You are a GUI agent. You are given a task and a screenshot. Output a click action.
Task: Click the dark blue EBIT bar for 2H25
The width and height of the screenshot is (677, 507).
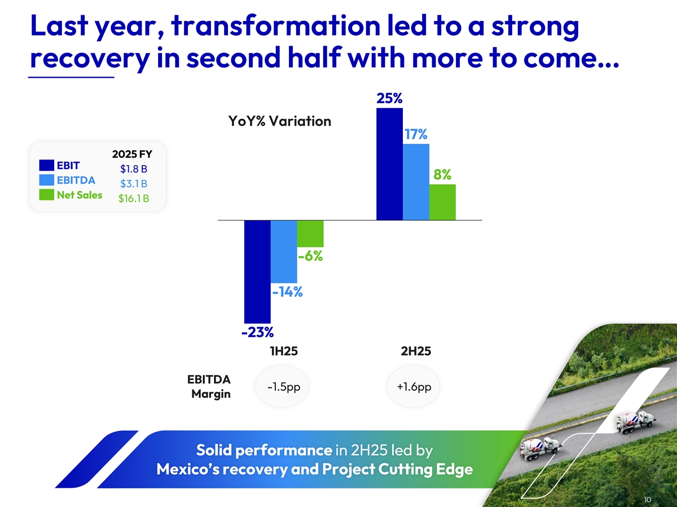pyautogui.click(x=389, y=163)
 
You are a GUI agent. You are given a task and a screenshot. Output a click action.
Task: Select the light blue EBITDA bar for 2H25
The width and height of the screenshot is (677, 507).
pyautogui.click(x=416, y=181)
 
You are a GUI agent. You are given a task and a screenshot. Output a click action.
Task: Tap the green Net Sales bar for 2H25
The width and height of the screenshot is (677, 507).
pyautogui.click(x=442, y=202)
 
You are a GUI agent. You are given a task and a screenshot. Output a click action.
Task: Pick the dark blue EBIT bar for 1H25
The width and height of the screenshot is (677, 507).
pyautogui.click(x=257, y=270)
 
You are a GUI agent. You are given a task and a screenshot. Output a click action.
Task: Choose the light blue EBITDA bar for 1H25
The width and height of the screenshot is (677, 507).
pyautogui.click(x=284, y=251)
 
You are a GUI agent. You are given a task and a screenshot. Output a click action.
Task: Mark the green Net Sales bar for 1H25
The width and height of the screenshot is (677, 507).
pyautogui.click(x=310, y=233)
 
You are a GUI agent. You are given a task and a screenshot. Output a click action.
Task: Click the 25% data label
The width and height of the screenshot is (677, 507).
pyautogui.click(x=389, y=99)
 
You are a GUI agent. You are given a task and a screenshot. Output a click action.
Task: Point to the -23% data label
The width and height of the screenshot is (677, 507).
pyautogui.click(x=257, y=332)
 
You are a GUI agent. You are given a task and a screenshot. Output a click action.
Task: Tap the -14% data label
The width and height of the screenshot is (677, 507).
pyautogui.click(x=287, y=292)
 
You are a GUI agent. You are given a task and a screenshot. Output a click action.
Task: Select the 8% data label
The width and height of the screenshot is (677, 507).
pyautogui.click(x=442, y=175)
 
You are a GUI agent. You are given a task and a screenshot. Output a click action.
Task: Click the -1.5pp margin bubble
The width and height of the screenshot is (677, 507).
pyautogui.click(x=283, y=387)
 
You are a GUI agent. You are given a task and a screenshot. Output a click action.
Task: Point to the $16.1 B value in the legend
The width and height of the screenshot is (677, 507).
pyautogui.click(x=133, y=198)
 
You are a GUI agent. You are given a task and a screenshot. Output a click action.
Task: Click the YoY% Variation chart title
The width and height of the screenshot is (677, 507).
pyautogui.click(x=279, y=121)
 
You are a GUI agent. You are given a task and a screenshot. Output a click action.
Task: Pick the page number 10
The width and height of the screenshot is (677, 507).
pyautogui.click(x=647, y=499)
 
